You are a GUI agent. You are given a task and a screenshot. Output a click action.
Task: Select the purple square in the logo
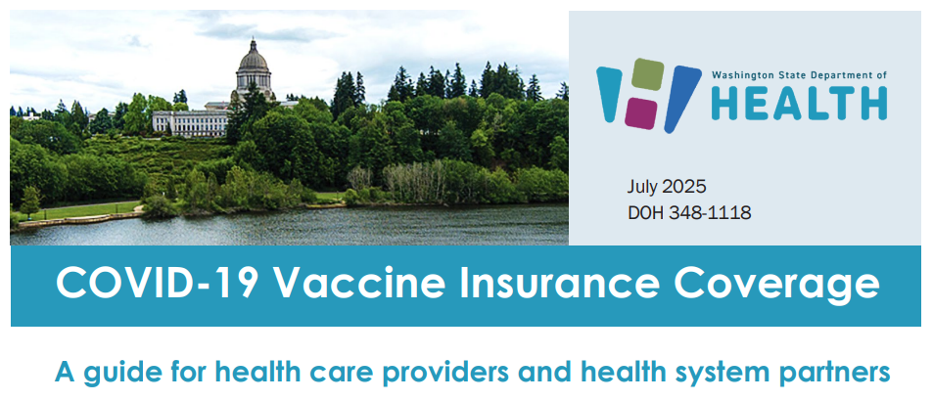click(641, 111)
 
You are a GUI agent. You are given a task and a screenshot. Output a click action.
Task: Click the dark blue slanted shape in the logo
click(681, 99)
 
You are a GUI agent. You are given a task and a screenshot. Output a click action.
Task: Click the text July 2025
click(667, 187)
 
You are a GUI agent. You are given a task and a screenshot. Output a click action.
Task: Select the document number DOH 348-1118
click(689, 212)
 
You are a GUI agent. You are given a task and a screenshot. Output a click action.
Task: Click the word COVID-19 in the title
click(157, 285)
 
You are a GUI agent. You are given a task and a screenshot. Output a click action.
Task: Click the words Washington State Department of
click(799, 74)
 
